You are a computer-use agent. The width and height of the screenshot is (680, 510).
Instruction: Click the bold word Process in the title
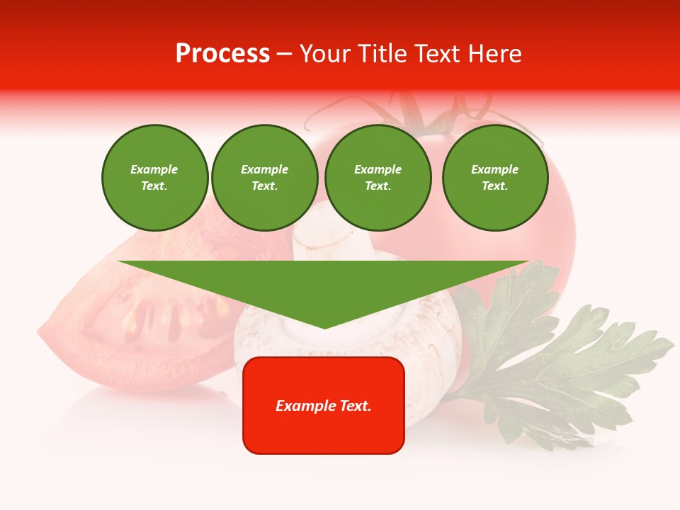222,54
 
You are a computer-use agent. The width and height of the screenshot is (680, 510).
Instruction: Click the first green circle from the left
154,178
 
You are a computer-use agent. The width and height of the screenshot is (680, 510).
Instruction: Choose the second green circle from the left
264,178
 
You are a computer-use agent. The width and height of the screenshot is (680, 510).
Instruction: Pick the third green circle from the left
378,178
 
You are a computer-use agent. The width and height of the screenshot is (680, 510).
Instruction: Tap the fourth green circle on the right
494,178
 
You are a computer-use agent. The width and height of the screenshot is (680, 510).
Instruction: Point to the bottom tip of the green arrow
324,326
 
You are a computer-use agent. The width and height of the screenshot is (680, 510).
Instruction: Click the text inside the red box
324,406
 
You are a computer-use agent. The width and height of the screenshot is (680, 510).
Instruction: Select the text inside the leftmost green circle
154,178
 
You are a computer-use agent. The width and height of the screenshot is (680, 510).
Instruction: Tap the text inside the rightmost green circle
494,178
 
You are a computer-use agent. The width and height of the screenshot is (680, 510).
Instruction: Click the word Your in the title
325,54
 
